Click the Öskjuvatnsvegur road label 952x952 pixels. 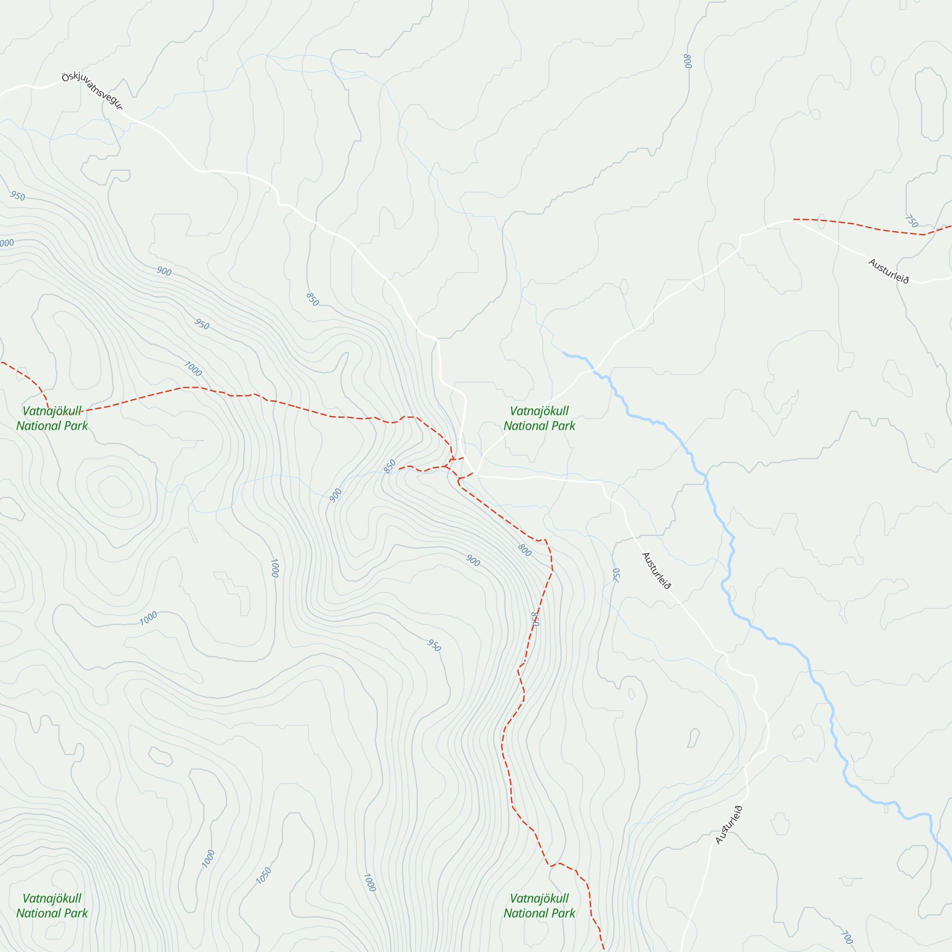(x=92, y=91)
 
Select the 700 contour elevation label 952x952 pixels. (x=846, y=937)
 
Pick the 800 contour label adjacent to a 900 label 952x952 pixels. (x=524, y=550)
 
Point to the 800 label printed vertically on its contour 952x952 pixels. (x=687, y=61)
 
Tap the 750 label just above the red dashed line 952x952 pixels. (x=911, y=221)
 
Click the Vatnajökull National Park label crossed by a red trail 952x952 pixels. (x=52, y=418)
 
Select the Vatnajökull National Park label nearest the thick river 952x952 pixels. (x=539, y=418)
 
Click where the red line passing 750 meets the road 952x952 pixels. (x=794, y=220)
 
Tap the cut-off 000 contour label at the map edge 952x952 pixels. (x=6, y=243)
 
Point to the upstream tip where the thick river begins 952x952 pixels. (x=564, y=352)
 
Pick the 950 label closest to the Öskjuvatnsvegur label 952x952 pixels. (x=17, y=196)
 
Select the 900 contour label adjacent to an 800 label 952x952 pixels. (x=473, y=560)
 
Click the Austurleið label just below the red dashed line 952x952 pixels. (x=888, y=271)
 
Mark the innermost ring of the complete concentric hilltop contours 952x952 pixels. (x=115, y=491)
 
